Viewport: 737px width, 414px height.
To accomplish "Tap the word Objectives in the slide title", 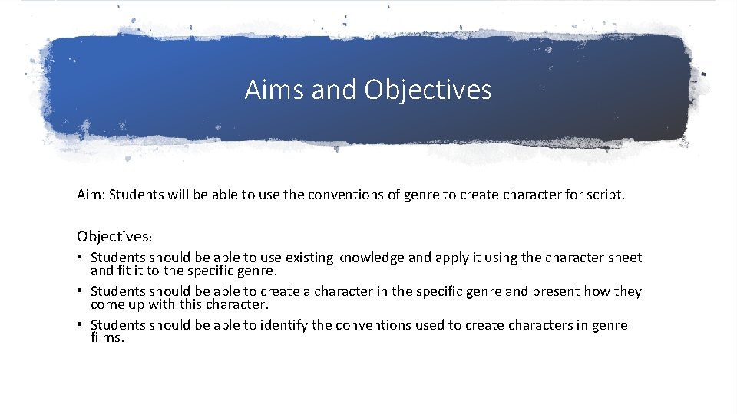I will point(428,90).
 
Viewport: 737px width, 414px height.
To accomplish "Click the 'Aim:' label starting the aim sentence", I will point(91,195).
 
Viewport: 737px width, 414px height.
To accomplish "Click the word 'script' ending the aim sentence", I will point(604,195).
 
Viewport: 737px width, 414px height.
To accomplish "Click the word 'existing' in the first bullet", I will point(309,258).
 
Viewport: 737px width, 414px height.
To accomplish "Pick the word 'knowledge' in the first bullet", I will point(371,258).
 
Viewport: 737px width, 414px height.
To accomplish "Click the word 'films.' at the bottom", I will point(107,337).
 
